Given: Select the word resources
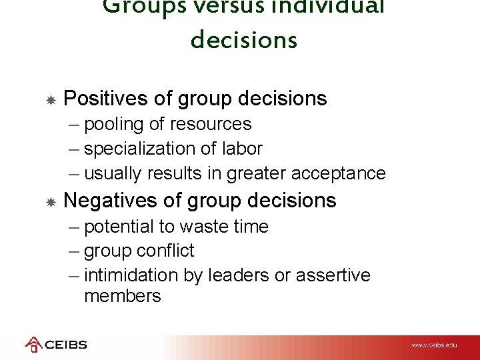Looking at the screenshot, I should (211, 125).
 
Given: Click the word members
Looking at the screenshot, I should (123, 296).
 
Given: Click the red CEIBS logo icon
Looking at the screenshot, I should (33, 345).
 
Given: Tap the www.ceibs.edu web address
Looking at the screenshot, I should (434, 345).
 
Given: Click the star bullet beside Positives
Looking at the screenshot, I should (50, 100).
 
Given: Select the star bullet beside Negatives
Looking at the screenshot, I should (50, 201).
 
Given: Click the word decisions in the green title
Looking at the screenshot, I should (243, 40).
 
